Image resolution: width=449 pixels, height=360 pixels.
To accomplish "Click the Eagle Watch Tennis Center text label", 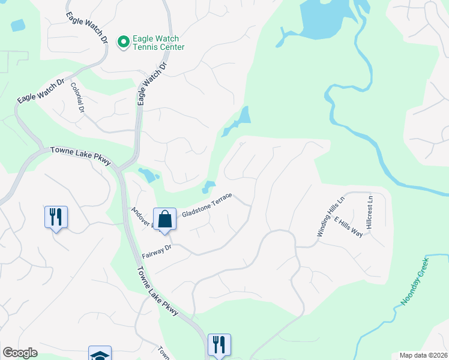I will tap(158, 43).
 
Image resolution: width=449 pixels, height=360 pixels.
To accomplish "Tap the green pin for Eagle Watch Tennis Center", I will tap(124, 41).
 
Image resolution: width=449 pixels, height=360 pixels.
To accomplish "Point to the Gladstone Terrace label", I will tap(206, 205).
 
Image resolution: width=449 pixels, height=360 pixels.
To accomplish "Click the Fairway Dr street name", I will tap(157, 251).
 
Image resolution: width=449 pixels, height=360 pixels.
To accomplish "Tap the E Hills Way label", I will tap(349, 226).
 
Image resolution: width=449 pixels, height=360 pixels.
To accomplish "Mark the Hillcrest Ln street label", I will tap(370, 211).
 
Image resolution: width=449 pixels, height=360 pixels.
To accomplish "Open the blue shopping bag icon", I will tap(164, 219).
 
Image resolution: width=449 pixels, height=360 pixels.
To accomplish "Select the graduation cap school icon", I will tap(100, 354).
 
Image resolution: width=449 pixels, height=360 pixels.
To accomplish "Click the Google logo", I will tap(20, 353).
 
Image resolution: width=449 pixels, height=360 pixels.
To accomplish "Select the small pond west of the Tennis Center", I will tap(18, 25).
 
